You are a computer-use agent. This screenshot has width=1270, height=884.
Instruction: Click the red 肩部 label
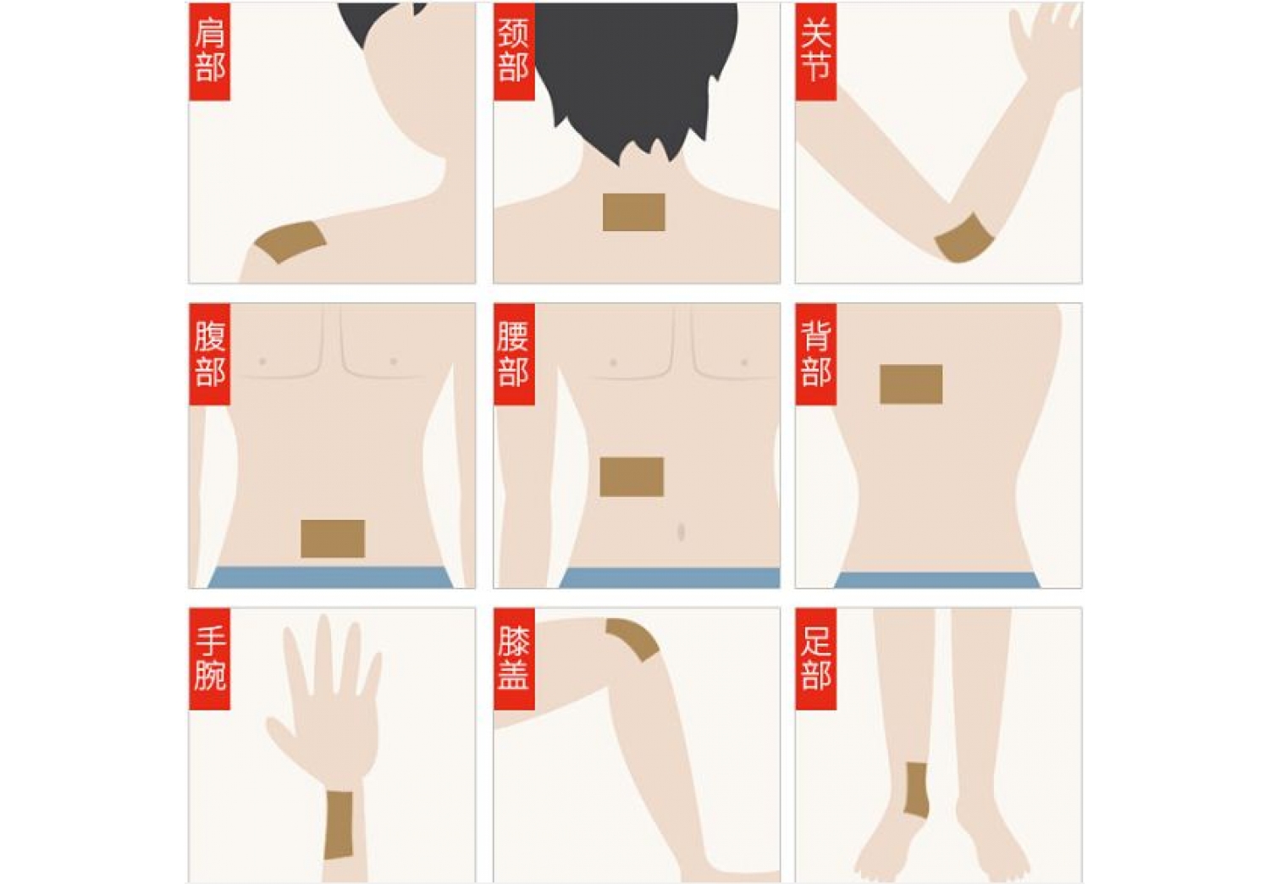click(x=210, y=52)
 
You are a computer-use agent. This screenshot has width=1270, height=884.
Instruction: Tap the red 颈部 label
click(x=514, y=52)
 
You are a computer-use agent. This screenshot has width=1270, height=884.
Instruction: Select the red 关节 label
click(x=816, y=52)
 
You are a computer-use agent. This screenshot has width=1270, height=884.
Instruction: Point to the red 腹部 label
click(x=210, y=355)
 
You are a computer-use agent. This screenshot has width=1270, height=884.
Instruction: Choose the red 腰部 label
click(x=514, y=355)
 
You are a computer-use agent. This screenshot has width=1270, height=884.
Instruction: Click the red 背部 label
click(x=816, y=355)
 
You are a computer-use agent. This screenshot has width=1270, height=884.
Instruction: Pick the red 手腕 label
click(x=210, y=659)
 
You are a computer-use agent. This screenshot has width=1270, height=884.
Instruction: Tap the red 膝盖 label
click(x=514, y=659)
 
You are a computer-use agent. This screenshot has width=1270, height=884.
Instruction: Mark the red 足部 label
click(x=816, y=659)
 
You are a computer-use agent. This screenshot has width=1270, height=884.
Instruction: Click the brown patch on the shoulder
click(x=291, y=242)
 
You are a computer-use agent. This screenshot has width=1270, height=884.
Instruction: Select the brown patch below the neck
click(x=633, y=212)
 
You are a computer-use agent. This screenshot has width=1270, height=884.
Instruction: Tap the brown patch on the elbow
click(x=964, y=239)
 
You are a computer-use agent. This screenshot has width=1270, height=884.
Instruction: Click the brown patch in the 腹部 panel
click(x=333, y=539)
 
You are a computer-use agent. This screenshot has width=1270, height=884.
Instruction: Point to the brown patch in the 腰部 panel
click(x=632, y=477)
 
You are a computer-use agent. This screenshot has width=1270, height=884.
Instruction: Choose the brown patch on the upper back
click(x=911, y=384)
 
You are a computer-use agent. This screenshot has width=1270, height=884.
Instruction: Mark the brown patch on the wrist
click(x=339, y=825)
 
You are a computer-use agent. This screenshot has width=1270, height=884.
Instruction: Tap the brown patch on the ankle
click(x=916, y=789)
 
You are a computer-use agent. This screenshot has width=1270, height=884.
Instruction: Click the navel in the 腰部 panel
click(x=681, y=532)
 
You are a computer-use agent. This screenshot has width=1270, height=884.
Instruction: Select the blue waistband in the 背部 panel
click(x=937, y=580)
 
